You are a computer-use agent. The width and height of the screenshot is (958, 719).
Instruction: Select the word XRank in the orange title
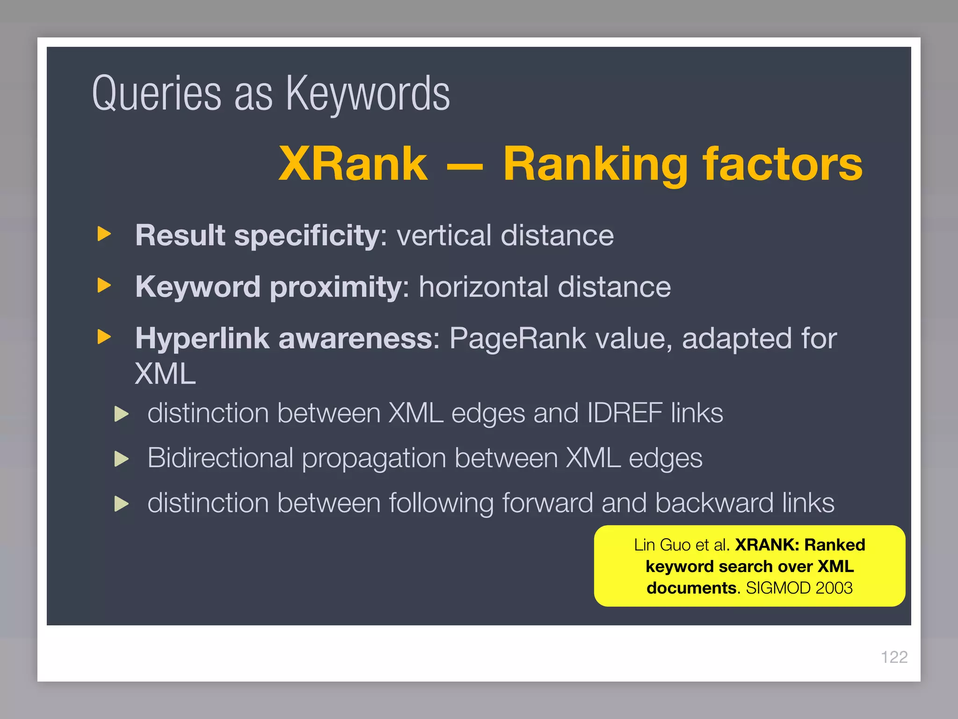(353, 163)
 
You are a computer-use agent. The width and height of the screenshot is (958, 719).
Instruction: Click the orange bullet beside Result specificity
(104, 234)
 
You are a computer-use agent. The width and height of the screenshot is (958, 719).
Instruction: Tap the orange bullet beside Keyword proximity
(104, 285)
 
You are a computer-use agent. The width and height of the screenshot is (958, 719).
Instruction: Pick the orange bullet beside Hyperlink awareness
(104, 337)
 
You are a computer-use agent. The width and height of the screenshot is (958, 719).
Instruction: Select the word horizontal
(484, 286)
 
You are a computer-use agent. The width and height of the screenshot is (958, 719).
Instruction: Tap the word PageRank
(517, 338)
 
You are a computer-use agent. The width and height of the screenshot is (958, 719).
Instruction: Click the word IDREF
(624, 413)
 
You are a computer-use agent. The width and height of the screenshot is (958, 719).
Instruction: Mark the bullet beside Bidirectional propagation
(122, 459)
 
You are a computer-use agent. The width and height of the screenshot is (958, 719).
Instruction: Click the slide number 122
(894, 657)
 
